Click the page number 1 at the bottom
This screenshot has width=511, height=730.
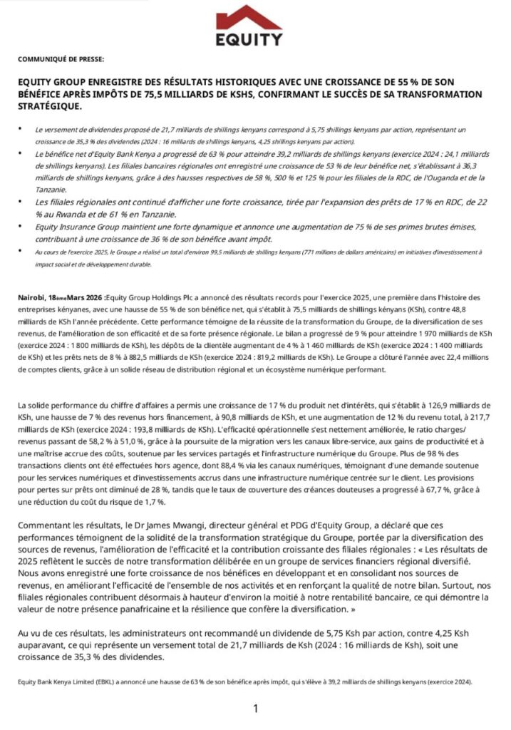coord(255,708)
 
